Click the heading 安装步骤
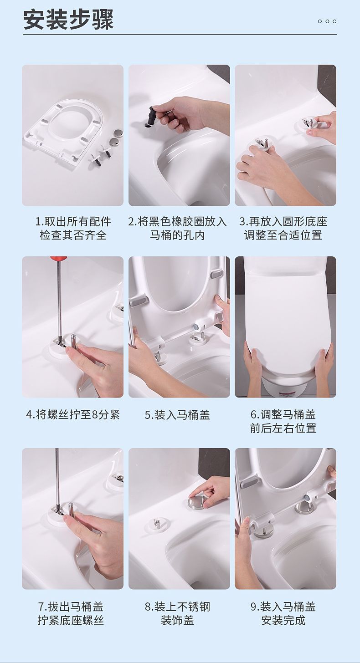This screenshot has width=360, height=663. click(x=68, y=20)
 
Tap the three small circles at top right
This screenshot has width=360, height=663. click(x=327, y=21)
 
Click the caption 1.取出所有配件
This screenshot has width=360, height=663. click(x=73, y=221)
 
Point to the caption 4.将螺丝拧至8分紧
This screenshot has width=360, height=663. click(x=73, y=415)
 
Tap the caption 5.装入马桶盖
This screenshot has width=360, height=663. click(x=177, y=415)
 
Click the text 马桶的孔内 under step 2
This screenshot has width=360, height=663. click(x=177, y=235)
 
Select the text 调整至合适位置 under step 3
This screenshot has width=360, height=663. click(x=283, y=235)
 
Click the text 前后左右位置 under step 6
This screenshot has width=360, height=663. click(x=283, y=428)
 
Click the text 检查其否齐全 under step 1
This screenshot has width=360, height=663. click(x=73, y=235)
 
